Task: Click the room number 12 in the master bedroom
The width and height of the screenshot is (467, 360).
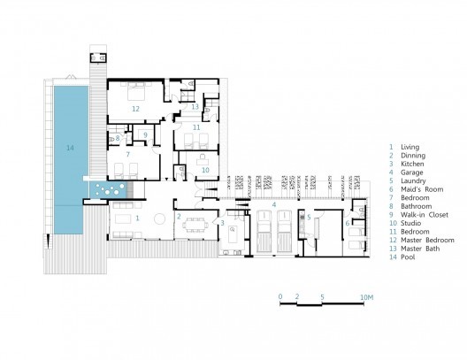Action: tap(135, 109)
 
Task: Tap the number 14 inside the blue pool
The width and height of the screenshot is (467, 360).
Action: tap(70, 148)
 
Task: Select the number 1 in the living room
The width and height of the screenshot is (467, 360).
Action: tap(137, 218)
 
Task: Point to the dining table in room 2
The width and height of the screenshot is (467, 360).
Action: tap(195, 226)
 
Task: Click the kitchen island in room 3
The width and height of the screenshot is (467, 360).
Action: tap(233, 234)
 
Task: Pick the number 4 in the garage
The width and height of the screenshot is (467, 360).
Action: tap(274, 205)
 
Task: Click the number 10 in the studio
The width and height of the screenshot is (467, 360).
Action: tap(205, 171)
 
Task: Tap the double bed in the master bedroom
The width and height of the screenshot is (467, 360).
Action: tap(136, 91)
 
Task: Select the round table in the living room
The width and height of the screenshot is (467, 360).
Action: tap(159, 218)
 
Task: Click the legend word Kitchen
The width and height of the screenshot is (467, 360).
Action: tap(412, 164)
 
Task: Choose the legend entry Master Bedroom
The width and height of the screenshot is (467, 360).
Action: tap(427, 240)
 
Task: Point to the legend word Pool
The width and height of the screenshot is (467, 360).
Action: tap(408, 257)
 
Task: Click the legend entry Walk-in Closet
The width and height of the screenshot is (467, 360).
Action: tap(425, 215)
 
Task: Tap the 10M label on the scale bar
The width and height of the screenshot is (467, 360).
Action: tap(367, 297)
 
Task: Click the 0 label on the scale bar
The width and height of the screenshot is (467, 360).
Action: tap(280, 297)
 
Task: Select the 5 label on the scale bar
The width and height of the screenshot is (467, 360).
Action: tap(322, 297)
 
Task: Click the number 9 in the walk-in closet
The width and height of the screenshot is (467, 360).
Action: tap(145, 134)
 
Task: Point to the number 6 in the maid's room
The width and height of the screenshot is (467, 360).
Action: tap(348, 223)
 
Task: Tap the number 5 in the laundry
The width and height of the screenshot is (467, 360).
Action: tap(309, 218)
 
